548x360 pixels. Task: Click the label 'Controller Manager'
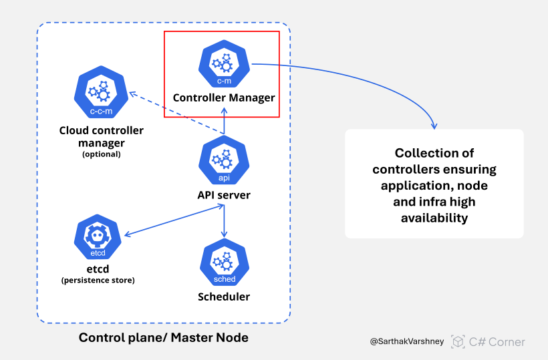click(224, 98)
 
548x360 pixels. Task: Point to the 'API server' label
click(224, 194)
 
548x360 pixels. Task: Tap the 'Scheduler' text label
click(224, 296)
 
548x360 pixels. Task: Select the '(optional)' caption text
click(101, 154)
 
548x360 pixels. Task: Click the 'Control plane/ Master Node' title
click(164, 337)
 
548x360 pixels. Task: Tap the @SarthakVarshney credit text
click(408, 341)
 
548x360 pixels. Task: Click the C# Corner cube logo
click(458, 341)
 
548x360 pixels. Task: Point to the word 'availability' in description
click(434, 218)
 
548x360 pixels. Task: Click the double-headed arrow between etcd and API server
click(173, 220)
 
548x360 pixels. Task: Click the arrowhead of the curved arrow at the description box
click(434, 126)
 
